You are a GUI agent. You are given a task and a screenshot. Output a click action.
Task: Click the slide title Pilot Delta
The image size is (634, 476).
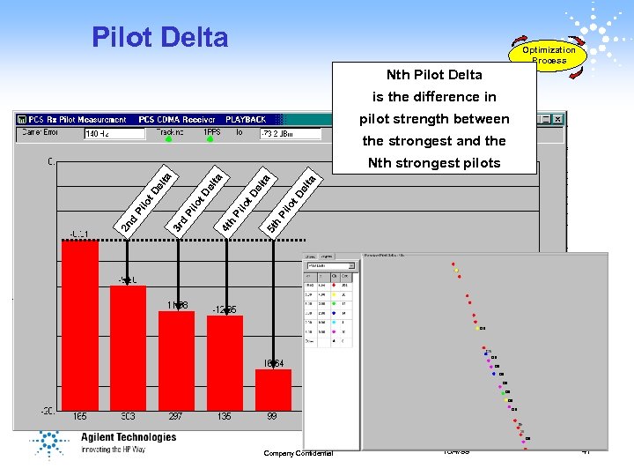pyautogui.click(x=159, y=37)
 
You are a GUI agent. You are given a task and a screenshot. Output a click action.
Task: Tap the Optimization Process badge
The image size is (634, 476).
pyautogui.click(x=549, y=54)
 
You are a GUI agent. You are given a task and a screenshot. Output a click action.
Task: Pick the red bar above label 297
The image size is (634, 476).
pyautogui.click(x=176, y=360)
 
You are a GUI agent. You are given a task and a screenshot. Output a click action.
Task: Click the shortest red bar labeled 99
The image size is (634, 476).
pyautogui.click(x=273, y=389)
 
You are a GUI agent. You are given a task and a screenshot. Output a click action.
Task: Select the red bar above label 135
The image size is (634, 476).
pyautogui.click(x=225, y=361)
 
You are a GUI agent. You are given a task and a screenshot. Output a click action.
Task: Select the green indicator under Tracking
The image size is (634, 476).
pyautogui.click(x=168, y=139)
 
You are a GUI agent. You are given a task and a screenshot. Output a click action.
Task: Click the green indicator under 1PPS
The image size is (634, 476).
pyautogui.click(x=211, y=139)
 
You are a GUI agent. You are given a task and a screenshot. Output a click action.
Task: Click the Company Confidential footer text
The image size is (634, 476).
pyautogui.click(x=298, y=453)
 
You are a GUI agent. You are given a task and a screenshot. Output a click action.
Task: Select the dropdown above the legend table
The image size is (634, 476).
pyautogui.click(x=330, y=265)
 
